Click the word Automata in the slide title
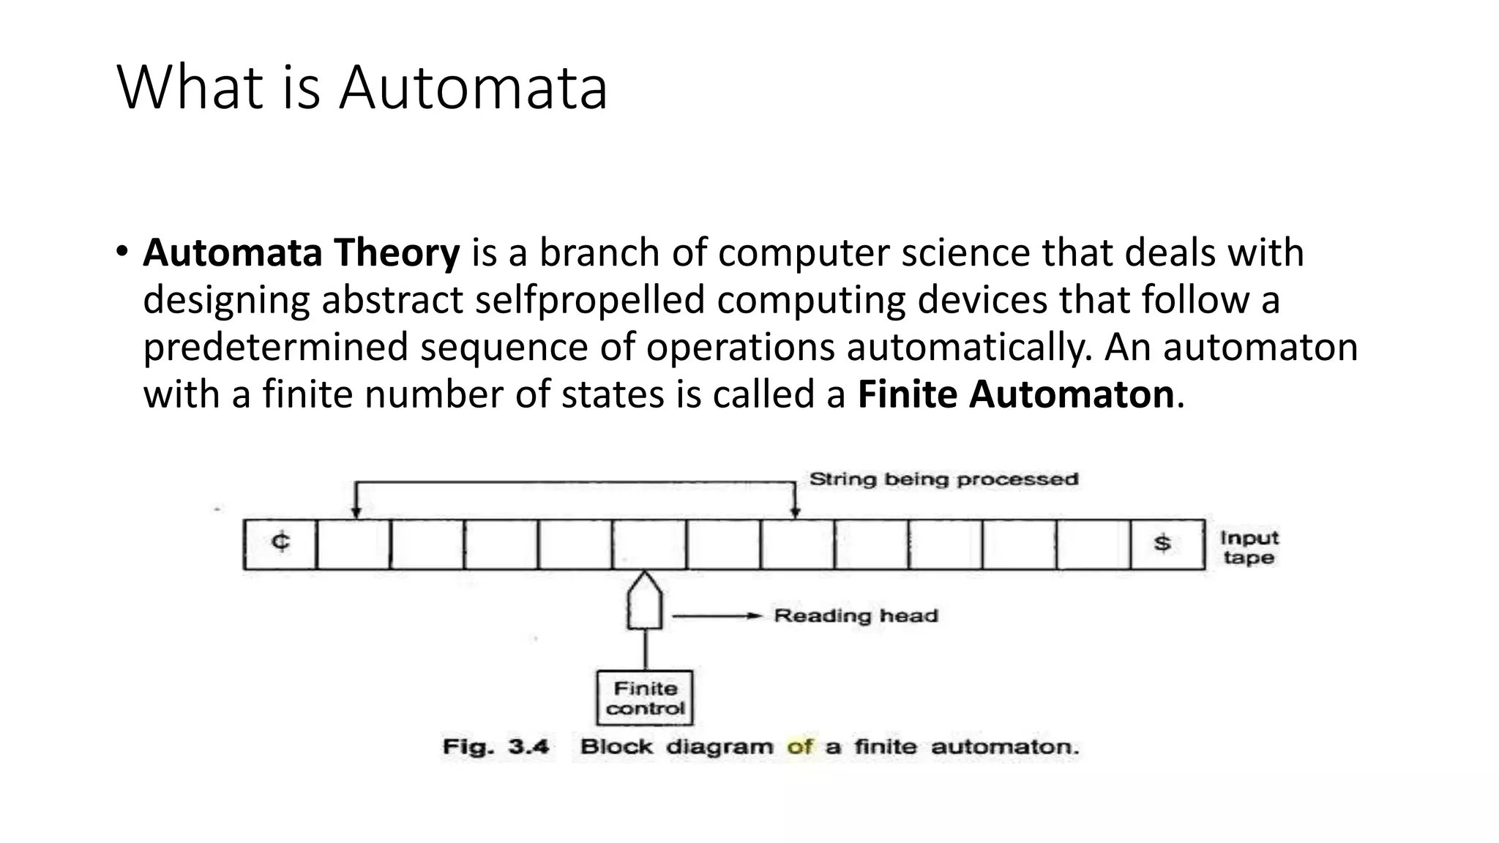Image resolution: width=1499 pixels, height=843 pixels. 473,89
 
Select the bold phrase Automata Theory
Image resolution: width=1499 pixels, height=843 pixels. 301,253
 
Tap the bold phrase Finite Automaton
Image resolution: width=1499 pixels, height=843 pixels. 1016,395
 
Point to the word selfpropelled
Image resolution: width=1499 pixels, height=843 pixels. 590,300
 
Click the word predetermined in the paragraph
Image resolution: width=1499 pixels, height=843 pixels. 275,348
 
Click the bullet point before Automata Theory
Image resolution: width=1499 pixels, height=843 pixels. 122,252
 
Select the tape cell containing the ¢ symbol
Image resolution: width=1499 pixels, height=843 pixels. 280,544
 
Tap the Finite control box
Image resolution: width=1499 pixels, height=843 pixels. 645,698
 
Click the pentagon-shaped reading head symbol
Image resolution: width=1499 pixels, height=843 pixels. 645,602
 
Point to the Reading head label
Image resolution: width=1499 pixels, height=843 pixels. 856,616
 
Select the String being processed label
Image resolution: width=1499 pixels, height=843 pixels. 943,480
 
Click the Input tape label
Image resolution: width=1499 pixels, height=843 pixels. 1249,547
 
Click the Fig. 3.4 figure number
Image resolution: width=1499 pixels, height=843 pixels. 496,747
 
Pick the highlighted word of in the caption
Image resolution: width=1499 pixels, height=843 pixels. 799,747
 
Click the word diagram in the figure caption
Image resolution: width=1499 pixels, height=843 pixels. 719,747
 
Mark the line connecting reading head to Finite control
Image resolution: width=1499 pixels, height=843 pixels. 646,650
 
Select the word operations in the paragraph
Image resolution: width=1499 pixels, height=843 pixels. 740,348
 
